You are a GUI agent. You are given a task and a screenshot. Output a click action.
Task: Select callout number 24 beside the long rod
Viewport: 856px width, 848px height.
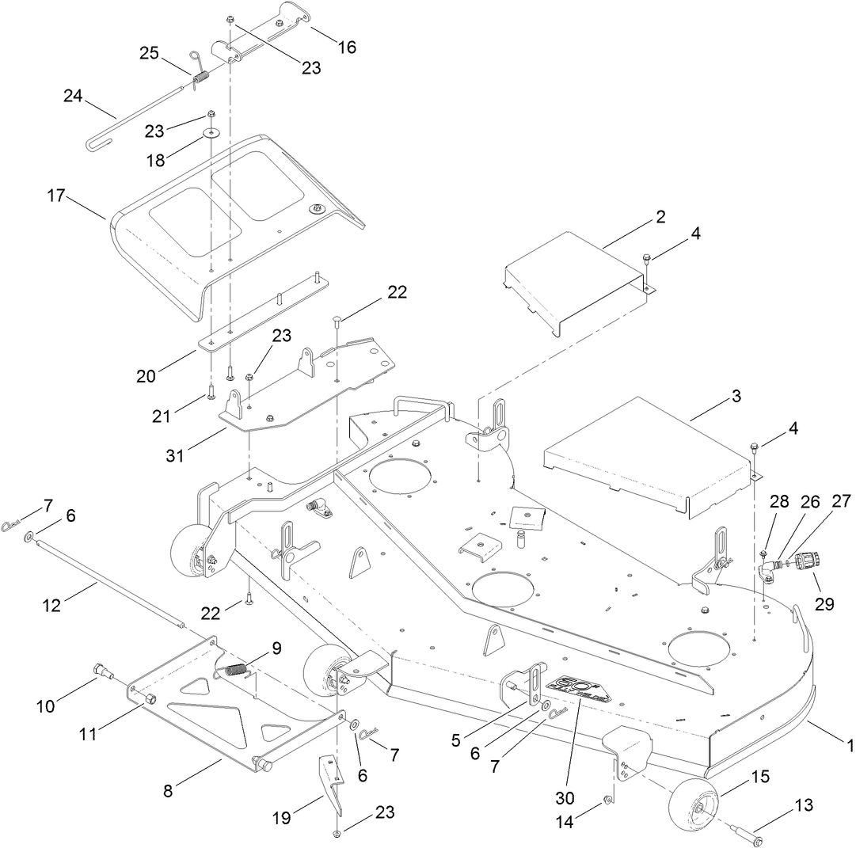pos(73,97)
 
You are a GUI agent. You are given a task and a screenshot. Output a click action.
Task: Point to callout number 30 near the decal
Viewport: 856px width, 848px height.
pos(565,797)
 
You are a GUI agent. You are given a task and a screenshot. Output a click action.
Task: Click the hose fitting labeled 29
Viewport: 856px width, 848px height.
pos(802,562)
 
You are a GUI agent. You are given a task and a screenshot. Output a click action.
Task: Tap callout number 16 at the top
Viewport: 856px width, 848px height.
pos(346,47)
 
